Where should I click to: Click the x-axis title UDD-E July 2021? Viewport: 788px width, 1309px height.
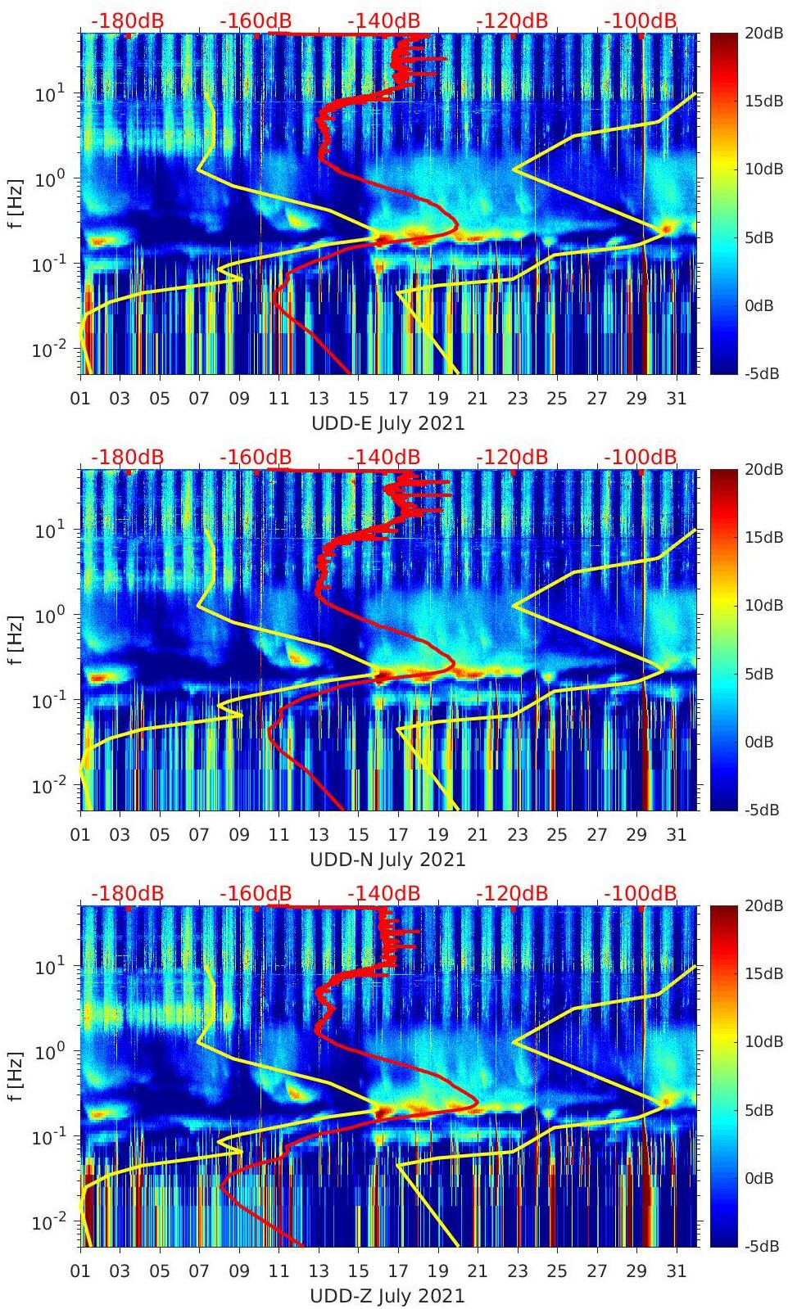pos(387,423)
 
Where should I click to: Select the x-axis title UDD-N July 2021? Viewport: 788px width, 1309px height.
pos(387,860)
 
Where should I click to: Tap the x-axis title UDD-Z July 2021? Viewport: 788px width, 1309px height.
pos(387,1296)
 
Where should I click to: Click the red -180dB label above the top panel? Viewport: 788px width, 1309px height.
pos(127,20)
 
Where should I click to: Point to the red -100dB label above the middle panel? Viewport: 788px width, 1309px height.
pos(641,457)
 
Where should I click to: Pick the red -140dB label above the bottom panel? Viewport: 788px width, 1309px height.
pos(384,893)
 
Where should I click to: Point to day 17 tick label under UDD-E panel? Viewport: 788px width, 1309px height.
pos(398,399)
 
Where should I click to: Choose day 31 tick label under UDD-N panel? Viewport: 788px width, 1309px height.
pos(676,835)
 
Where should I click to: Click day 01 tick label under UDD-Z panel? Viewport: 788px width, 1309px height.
pos(80,1271)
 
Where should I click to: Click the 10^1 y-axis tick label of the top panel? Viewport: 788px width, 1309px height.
pos(47,95)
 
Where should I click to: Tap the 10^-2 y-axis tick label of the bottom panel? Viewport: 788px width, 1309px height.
pos(47,1223)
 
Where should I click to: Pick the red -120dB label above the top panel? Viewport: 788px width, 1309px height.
pos(512,20)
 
